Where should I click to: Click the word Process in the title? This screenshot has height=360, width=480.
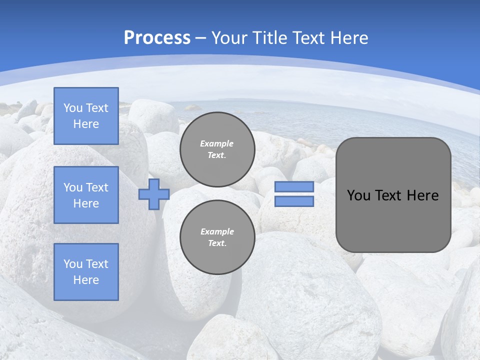click(157, 38)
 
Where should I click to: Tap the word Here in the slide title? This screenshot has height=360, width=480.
click(350, 38)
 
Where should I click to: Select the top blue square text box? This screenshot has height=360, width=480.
click(86, 116)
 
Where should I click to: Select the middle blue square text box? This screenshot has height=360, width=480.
click(86, 195)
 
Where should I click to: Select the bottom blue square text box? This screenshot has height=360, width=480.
click(86, 271)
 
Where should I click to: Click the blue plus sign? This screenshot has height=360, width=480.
click(154, 194)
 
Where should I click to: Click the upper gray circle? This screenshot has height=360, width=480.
click(217, 149)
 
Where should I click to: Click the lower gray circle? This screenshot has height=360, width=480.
click(217, 237)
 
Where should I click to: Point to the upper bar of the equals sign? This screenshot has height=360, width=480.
click(294, 187)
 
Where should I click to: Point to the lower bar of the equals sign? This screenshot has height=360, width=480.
click(294, 201)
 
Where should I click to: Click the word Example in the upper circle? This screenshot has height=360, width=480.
click(217, 143)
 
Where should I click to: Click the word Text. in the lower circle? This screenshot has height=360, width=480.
click(217, 243)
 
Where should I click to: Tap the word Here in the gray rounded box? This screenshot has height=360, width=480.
click(422, 195)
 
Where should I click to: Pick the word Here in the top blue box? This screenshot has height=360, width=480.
click(86, 124)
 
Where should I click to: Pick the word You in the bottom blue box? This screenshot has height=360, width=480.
click(73, 264)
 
